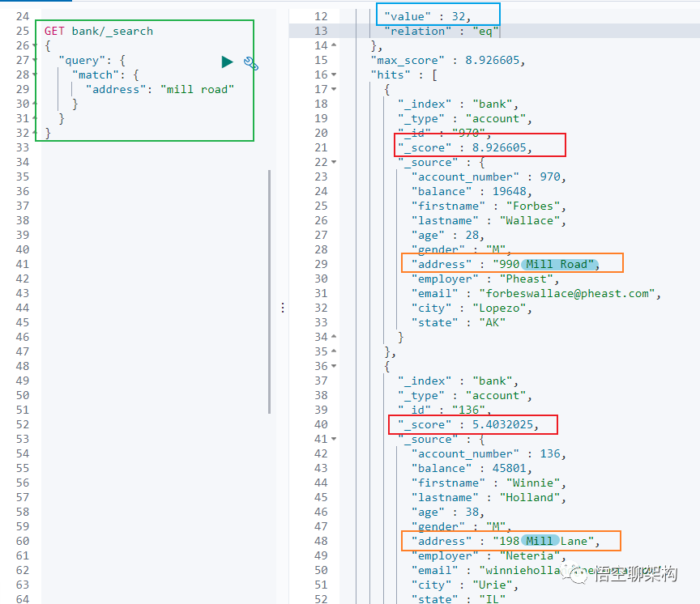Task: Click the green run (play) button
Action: [x=227, y=62]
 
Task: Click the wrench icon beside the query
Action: [x=250, y=63]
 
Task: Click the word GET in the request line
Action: [x=55, y=31]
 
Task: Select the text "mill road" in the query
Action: [x=198, y=89]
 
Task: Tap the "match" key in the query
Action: [x=95, y=74]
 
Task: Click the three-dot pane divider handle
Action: [x=282, y=308]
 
